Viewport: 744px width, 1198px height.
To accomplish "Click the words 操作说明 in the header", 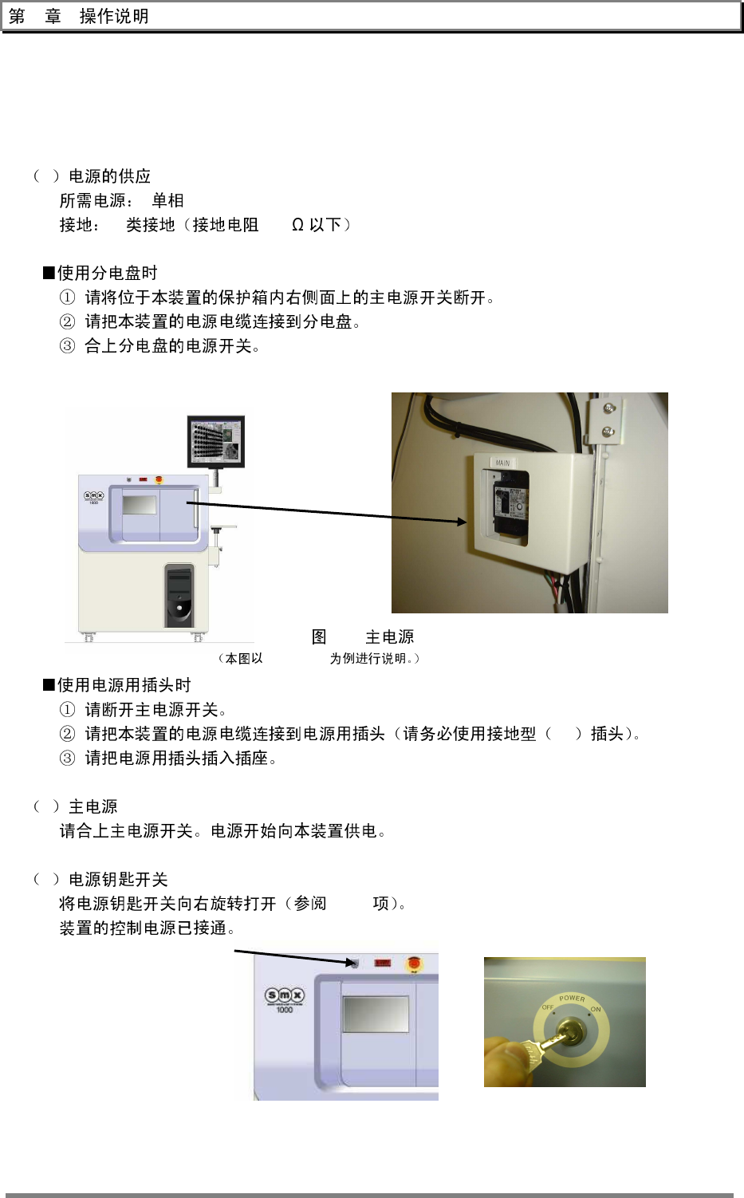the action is tap(114, 17).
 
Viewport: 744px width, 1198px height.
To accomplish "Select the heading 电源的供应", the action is tap(109, 176).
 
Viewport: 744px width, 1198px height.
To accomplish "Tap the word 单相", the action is tap(167, 200).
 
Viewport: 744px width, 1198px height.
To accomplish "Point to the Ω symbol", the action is tap(297, 225).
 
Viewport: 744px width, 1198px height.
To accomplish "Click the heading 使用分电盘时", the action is tap(107, 273).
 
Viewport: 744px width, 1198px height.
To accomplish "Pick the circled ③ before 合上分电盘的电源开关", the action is tap(68, 346).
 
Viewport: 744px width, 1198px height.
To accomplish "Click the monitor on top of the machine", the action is tap(216, 439).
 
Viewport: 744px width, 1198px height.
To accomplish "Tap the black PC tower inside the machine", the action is tap(179, 595).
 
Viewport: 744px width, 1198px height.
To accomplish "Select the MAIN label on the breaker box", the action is tap(502, 463).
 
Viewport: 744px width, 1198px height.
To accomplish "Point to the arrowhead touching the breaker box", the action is tap(462, 522).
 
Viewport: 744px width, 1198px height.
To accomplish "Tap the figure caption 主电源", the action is tap(389, 636).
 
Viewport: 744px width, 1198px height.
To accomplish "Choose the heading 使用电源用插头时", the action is tap(124, 685).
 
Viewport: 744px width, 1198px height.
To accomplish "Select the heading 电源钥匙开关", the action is tap(118, 879).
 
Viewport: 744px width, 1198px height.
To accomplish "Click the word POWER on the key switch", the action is tap(572, 998).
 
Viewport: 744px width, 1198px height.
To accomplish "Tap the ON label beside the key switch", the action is tap(596, 1010).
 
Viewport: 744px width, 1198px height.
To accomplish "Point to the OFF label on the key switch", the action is tap(548, 1007).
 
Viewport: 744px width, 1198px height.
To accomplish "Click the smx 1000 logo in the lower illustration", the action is tap(285, 997).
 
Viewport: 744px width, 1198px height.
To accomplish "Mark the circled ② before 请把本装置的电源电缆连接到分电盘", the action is tap(68, 322).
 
